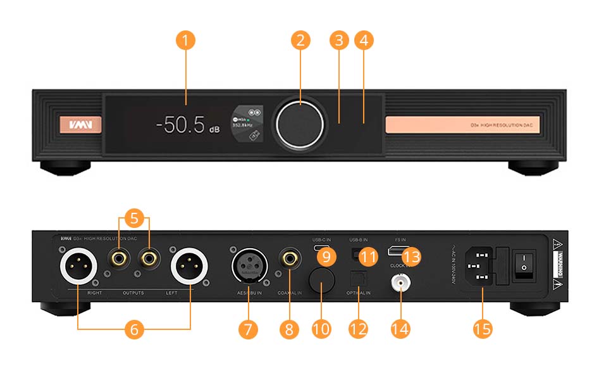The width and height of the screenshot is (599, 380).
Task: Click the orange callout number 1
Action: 185,41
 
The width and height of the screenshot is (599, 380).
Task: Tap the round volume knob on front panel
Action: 300,122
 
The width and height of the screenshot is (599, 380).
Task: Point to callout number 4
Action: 363,41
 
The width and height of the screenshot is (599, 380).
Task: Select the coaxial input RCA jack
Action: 291,258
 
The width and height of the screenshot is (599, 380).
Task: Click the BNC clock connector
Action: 400,283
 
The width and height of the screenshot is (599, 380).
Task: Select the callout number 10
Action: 322,329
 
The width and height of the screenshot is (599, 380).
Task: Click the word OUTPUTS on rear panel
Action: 133,293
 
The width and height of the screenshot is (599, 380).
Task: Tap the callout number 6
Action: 133,329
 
